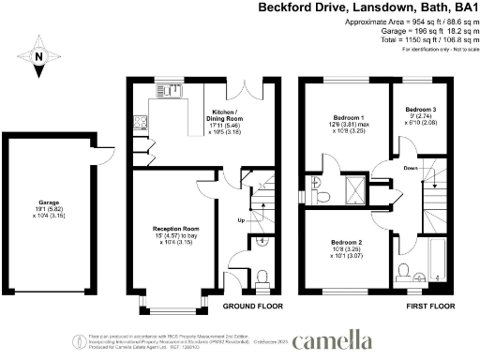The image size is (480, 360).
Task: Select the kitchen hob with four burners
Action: tap(139, 121)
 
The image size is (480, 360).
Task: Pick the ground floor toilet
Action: tap(262, 275)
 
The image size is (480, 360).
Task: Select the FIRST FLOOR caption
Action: tap(429, 306)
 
